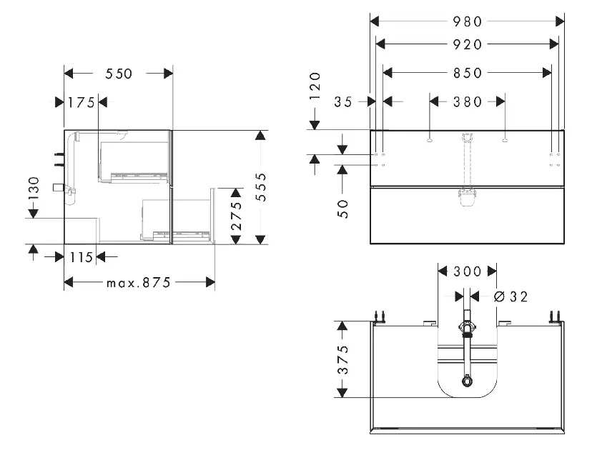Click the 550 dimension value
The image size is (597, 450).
click(119, 74)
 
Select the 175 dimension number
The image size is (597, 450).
click(81, 102)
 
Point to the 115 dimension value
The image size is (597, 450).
click(81, 257)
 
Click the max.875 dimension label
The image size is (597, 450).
click(139, 283)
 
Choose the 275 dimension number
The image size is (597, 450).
click(237, 215)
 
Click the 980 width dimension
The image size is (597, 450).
click(468, 21)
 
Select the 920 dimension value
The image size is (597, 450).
click(468, 44)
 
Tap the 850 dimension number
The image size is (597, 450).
click(468, 72)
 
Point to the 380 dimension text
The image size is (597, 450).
click(468, 102)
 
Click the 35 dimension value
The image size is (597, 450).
click(344, 102)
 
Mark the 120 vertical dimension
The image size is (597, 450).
click(315, 86)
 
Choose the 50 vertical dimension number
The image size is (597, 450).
click(343, 209)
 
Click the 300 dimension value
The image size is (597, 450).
click(468, 271)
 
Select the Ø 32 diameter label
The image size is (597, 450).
click(510, 296)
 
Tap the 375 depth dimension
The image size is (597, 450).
click(344, 359)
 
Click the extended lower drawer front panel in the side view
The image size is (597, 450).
click(213, 216)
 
